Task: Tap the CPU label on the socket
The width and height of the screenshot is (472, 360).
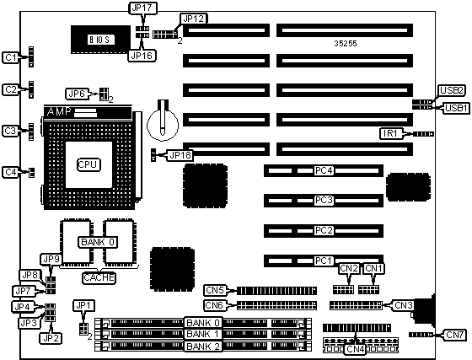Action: [x=88, y=164]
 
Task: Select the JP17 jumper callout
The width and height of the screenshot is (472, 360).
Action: [x=142, y=8]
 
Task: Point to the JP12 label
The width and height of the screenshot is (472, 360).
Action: [x=194, y=19]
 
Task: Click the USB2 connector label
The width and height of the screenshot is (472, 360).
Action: [x=451, y=90]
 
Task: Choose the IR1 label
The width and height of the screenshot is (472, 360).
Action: [x=391, y=133]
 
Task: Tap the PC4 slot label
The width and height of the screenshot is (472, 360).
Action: [x=324, y=170]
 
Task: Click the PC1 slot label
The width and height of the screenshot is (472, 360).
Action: [x=324, y=261]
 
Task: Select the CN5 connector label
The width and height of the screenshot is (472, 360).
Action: [x=215, y=290]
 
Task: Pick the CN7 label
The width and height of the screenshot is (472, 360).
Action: [x=455, y=335]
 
